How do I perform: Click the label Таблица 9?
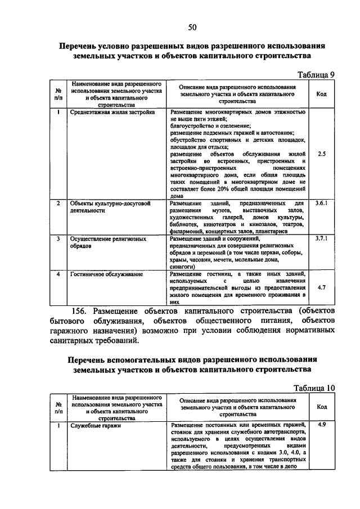click(x=316, y=74)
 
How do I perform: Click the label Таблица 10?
click(x=314, y=388)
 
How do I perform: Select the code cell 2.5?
click(x=321, y=153)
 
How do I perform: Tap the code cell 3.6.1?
click(x=321, y=202)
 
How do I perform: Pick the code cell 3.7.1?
click(x=321, y=238)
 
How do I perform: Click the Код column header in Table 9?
click(x=321, y=94)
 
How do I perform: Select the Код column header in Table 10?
click(x=321, y=407)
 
